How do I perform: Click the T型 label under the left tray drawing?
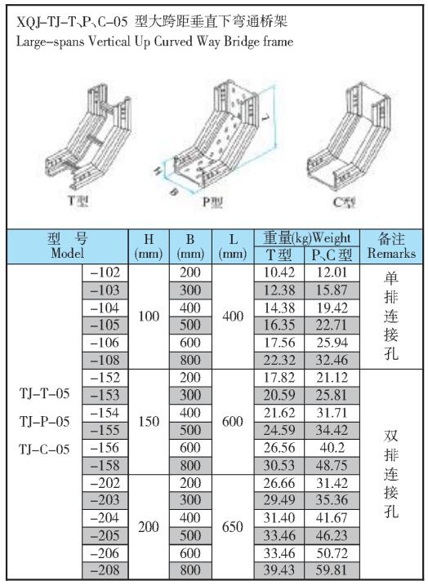coord(78,201)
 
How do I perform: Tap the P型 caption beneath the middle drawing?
coord(212,202)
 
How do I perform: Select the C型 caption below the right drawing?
coord(344,202)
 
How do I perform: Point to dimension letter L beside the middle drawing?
coord(265,118)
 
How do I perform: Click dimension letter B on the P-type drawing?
coord(173,192)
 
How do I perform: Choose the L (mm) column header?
coord(233,246)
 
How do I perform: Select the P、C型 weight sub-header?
coord(332,255)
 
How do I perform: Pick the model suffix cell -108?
coord(105,360)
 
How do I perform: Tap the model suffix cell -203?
coord(105,500)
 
